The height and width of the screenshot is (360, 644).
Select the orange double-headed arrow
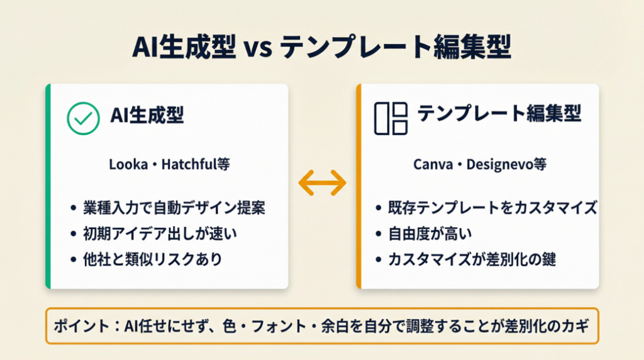pyautogui.click(x=323, y=183)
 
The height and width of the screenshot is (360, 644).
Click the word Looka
pyautogui.click(x=128, y=165)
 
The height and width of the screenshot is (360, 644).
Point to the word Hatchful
pyautogui.click(x=189, y=164)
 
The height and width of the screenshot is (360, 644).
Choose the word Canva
pyautogui.click(x=433, y=165)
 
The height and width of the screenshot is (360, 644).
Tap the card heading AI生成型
pyautogui.click(x=147, y=115)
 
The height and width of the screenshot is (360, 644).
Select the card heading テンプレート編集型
pyautogui.click(x=499, y=113)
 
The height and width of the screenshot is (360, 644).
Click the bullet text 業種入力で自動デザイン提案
pyautogui.click(x=174, y=208)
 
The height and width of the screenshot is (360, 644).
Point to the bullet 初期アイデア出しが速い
pyautogui.click(x=160, y=234)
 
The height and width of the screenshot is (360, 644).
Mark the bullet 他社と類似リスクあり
pyautogui.click(x=153, y=259)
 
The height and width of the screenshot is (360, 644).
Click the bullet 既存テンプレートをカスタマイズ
pyautogui.click(x=492, y=208)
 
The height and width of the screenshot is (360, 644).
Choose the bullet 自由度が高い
pyautogui.click(x=430, y=234)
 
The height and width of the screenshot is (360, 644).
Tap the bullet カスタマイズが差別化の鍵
pyautogui.click(x=472, y=259)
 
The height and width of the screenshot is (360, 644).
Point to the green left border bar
pyautogui.click(x=48, y=186)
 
